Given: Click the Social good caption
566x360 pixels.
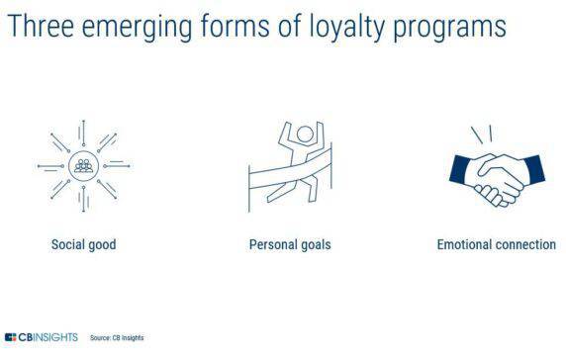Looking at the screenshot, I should point(83,244).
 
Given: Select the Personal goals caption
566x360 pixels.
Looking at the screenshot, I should point(289,244).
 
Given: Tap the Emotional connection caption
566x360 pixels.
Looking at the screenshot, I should point(496,244).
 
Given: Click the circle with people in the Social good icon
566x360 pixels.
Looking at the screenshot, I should point(84,165).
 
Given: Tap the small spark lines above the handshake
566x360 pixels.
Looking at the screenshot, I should point(481,133).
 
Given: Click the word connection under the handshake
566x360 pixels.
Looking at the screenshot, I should point(523,244).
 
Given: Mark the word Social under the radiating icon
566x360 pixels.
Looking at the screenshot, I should point(67,244).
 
